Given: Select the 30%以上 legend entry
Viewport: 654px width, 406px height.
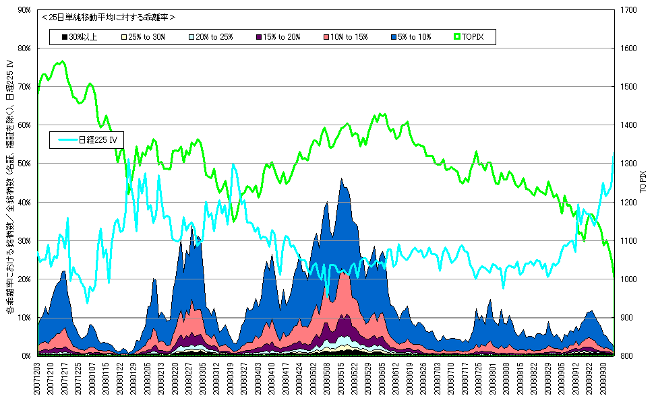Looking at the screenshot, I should [x=80, y=37].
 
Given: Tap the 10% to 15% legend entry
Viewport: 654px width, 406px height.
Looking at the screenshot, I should [x=349, y=37].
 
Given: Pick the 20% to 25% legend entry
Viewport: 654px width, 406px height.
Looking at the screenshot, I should [x=214, y=37].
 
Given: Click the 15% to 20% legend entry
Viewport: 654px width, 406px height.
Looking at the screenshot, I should [x=282, y=37].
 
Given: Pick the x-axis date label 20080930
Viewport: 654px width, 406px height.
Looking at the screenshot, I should [x=604, y=380].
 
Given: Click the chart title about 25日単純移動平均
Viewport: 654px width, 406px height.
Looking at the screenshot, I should [x=108, y=18].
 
